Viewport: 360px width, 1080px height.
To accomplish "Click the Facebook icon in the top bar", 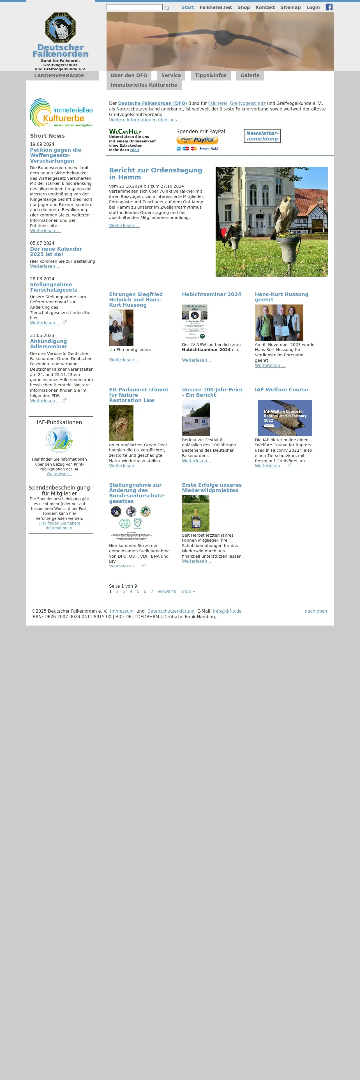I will coord(329,7).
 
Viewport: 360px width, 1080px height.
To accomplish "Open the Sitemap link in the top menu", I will coord(290,8).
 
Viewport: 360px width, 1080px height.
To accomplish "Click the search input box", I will coord(134,7).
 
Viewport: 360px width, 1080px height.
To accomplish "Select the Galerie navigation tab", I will coord(250,75).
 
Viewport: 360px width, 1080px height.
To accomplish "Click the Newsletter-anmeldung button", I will coord(262,136).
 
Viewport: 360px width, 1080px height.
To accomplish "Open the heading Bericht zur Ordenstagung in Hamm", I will coord(156,174).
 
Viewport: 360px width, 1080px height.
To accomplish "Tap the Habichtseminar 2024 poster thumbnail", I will coord(195,322).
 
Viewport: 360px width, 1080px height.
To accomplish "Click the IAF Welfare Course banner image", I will coord(285,417).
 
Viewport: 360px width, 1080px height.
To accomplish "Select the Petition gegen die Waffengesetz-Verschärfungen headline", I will coord(55,155).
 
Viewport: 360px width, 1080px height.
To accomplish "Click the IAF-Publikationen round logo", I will coord(59,439).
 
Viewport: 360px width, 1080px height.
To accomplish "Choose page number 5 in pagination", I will coord(138,592).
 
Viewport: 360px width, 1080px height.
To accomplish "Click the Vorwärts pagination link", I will coord(167,592).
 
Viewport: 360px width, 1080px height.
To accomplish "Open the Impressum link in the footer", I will coord(121,611).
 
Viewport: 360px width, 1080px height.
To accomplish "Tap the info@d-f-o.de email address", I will coord(227,611).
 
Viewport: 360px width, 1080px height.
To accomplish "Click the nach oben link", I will coord(316,611).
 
